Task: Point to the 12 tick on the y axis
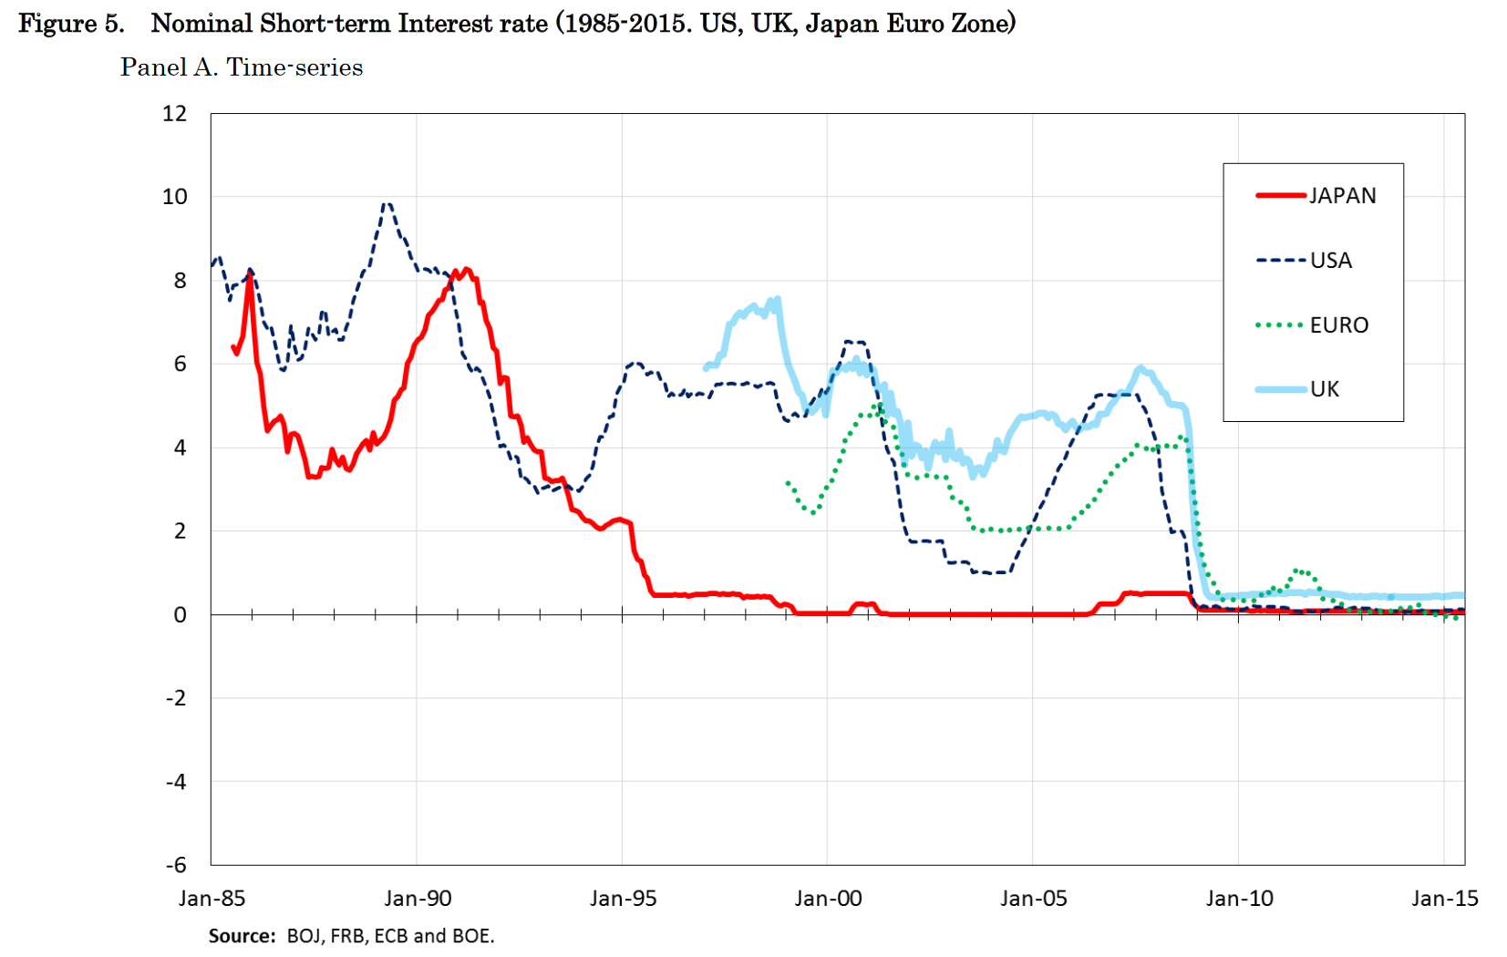pyautogui.click(x=174, y=114)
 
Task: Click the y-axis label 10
pyautogui.click(x=174, y=197)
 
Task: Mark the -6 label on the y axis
pyautogui.click(x=176, y=865)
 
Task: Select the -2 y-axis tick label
pyautogui.click(x=176, y=698)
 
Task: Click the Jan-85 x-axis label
pyautogui.click(x=212, y=899)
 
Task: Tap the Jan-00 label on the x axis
pyautogui.click(x=828, y=899)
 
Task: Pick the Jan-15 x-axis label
pyautogui.click(x=1444, y=899)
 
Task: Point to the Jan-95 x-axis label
pyautogui.click(x=623, y=899)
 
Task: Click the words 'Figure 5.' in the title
pyautogui.click(x=71, y=24)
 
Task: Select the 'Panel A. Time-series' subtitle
pyautogui.click(x=242, y=67)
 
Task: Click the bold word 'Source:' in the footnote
pyautogui.click(x=242, y=936)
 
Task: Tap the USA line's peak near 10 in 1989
pyautogui.click(x=387, y=204)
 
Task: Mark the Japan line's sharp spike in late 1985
pyautogui.click(x=249, y=274)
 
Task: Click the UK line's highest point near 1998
pyautogui.click(x=777, y=299)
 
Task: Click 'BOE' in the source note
pyautogui.click(x=470, y=936)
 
